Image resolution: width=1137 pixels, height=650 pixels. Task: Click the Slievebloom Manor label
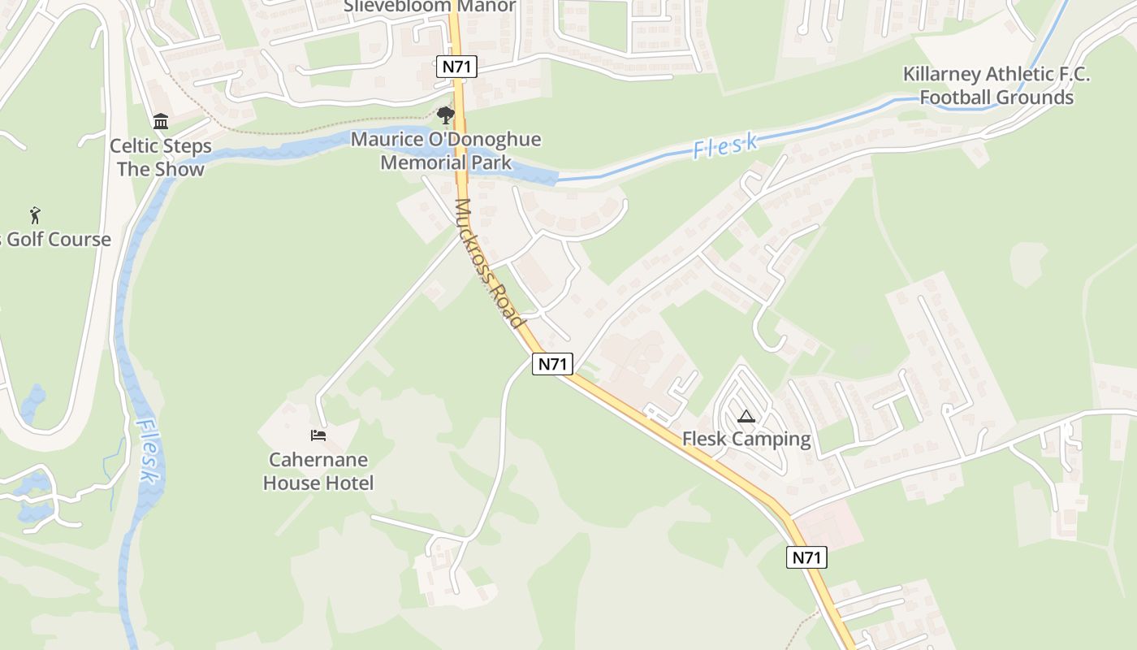point(429,6)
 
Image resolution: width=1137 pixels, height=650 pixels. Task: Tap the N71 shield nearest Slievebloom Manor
point(456,67)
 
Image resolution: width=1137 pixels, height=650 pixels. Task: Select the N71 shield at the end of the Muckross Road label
point(553,363)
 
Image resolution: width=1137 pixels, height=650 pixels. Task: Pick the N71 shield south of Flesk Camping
point(806,557)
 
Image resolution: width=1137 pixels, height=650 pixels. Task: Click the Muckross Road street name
point(487,263)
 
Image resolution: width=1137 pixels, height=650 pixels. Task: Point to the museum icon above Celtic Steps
point(161,122)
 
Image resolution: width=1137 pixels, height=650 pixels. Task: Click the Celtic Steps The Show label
point(161,158)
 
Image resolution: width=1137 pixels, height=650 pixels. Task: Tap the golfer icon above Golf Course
point(35,215)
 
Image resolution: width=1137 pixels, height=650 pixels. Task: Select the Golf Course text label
point(57,240)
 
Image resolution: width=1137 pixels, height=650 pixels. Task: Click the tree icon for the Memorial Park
point(445,115)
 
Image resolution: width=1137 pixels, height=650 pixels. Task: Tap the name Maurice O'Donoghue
point(446,140)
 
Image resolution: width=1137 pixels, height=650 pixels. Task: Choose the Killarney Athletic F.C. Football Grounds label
point(996,86)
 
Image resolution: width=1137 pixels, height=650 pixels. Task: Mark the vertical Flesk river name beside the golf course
point(147,452)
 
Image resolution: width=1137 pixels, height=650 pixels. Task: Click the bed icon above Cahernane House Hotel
point(318,435)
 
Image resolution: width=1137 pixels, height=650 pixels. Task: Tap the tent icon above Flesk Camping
point(746,417)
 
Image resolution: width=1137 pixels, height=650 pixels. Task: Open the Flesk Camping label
point(746,440)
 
